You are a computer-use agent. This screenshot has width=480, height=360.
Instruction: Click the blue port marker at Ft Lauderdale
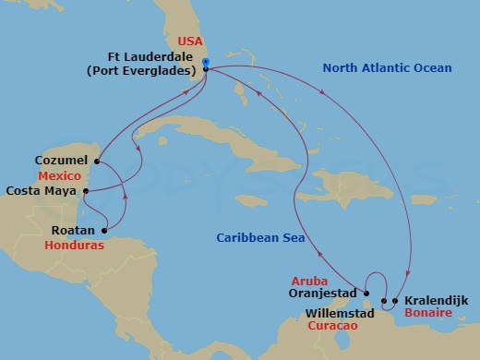205,63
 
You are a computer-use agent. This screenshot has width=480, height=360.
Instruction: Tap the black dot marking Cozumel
98,164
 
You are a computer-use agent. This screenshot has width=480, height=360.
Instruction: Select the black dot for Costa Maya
84,192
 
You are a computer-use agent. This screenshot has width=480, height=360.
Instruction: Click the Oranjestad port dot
365,295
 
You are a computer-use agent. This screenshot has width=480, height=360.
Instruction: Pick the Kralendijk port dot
395,300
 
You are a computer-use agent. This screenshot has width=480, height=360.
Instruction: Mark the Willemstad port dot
383,301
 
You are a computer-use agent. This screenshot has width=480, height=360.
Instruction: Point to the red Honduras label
74,246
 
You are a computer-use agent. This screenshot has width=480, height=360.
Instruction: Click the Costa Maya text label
42,192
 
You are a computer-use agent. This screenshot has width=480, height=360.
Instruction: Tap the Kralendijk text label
435,300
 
